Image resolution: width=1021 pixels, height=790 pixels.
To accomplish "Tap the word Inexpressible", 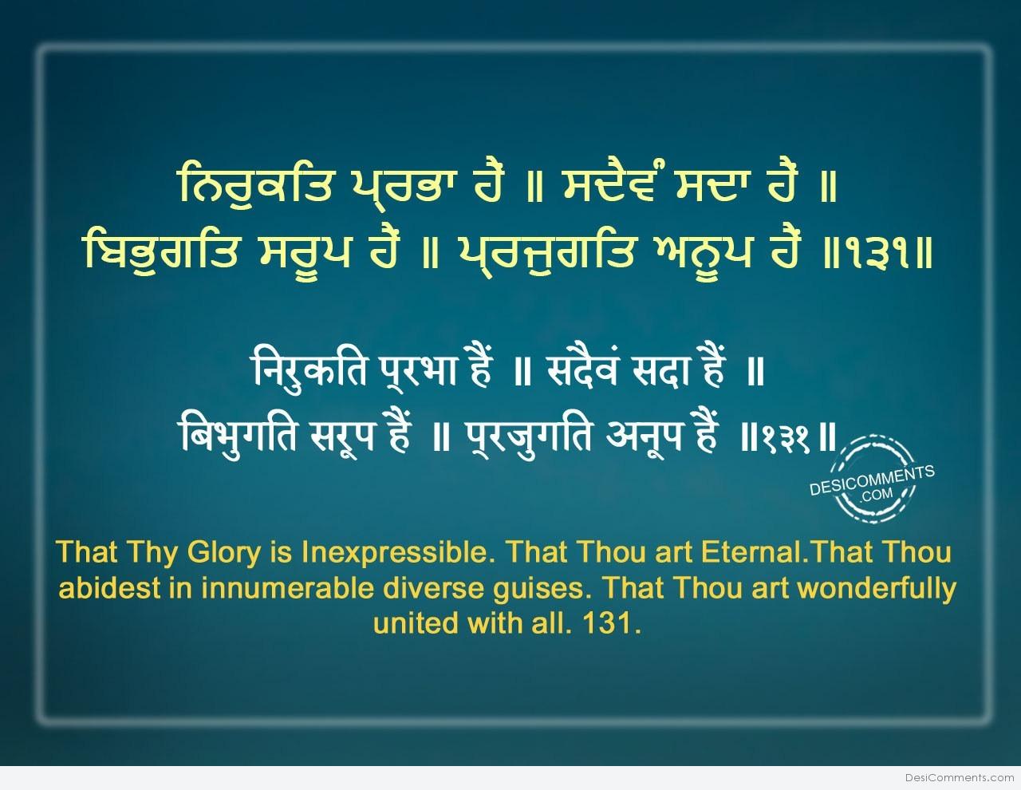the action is pyautogui.click(x=395, y=553).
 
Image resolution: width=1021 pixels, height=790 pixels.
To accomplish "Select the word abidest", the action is pyautogui.click(x=109, y=588).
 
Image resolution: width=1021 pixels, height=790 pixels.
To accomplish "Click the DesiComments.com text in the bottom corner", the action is pyautogui.click(x=960, y=778).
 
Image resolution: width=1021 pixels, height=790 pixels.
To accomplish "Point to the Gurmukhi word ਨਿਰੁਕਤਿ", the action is pyautogui.click(x=256, y=187).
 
